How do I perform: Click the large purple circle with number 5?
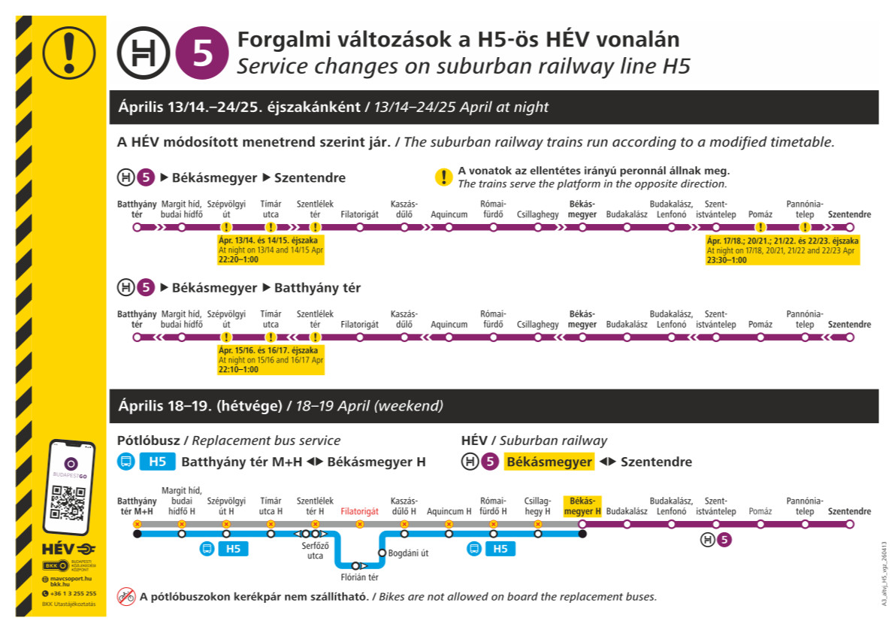click(202, 53)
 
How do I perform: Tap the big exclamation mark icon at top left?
click(69, 53)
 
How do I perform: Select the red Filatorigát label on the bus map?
click(359, 510)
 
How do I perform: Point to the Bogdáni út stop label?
click(408, 553)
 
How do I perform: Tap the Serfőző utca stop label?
click(315, 551)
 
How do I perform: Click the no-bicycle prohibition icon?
click(126, 597)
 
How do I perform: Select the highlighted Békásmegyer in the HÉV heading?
click(549, 462)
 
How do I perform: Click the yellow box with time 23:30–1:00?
click(782, 250)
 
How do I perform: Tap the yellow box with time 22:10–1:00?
click(271, 360)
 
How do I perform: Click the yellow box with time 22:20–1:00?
click(271, 250)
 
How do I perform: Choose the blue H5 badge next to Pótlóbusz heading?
click(157, 462)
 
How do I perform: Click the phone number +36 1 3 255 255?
click(73, 594)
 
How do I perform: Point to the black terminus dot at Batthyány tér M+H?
click(137, 535)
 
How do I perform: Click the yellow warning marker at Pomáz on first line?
click(760, 227)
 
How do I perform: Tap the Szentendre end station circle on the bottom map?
click(850, 523)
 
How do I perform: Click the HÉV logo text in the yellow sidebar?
click(58, 550)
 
